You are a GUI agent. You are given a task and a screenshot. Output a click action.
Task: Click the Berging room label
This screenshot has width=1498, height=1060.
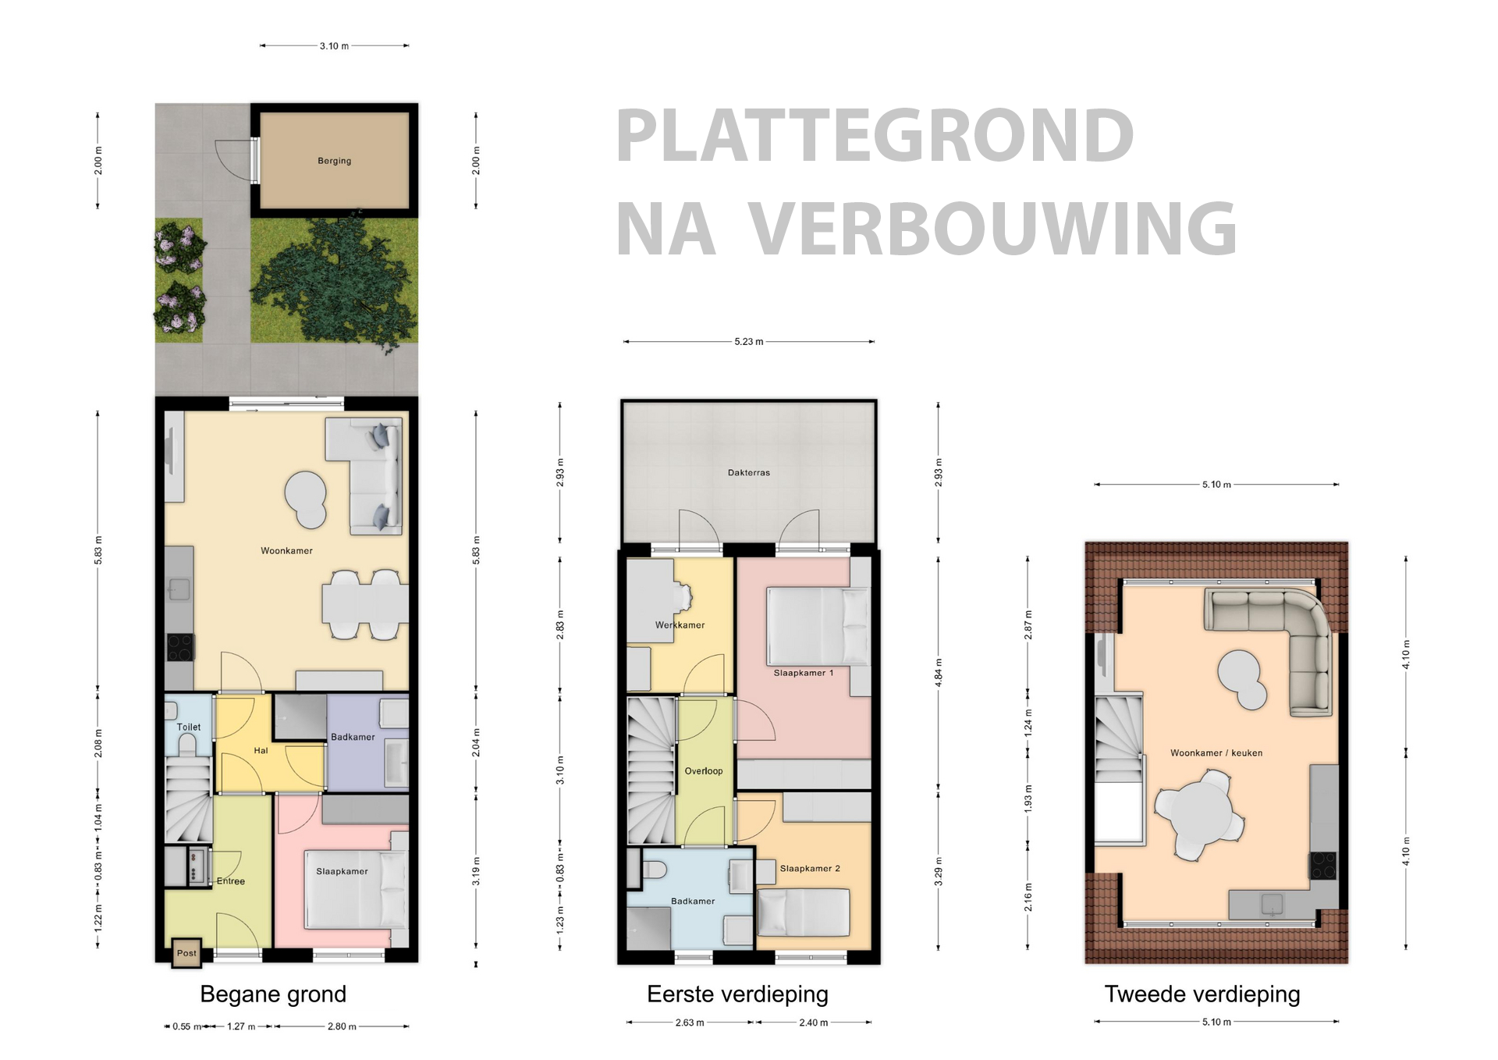(334, 161)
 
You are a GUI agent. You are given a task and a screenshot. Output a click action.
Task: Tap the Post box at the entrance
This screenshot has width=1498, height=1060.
(186, 953)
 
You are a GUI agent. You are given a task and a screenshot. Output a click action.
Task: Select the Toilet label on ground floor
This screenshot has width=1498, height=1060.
(189, 727)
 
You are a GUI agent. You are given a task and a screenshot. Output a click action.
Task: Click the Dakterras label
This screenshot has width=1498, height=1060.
(748, 472)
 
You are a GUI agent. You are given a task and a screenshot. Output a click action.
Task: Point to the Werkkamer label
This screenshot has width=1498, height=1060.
(680, 625)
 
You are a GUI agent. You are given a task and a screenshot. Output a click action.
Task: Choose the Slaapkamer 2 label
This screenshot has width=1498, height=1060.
(810, 868)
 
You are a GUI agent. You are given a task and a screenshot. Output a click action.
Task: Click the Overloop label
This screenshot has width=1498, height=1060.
(703, 771)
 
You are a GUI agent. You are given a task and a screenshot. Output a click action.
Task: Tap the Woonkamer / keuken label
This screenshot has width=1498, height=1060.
(1216, 753)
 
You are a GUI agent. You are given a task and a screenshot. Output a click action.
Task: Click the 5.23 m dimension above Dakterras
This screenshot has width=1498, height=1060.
(748, 342)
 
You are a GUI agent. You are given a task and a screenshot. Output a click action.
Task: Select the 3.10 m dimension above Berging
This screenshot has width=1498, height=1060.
(334, 46)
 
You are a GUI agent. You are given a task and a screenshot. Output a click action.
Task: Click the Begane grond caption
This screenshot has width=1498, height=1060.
(273, 994)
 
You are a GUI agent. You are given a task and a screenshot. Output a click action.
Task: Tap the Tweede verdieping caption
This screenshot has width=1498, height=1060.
(1202, 994)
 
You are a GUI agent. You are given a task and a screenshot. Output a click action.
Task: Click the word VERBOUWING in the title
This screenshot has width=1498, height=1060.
(992, 229)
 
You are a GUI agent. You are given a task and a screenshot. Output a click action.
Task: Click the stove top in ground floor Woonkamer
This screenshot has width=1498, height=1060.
(179, 647)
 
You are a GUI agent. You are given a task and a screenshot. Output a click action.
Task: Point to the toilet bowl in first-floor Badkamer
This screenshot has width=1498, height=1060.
(654, 869)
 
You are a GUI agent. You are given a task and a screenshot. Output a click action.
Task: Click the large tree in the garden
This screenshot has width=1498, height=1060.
(334, 281)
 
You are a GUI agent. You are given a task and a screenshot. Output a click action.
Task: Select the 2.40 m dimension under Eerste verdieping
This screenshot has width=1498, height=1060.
(813, 1023)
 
